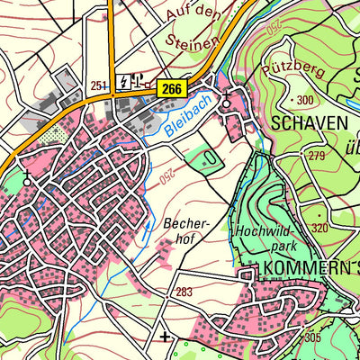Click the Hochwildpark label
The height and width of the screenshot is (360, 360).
coord(266,238)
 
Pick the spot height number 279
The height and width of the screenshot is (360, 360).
coord(316,156)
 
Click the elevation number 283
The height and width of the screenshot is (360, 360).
coord(185,291)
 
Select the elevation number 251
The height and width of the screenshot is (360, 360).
coord(100,83)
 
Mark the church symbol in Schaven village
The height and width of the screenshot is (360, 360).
coord(226,100)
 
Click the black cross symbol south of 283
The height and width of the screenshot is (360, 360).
coord(164,337)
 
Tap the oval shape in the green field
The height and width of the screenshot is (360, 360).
coord(209,157)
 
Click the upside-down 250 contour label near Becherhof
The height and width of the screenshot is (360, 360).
coord(167,178)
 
